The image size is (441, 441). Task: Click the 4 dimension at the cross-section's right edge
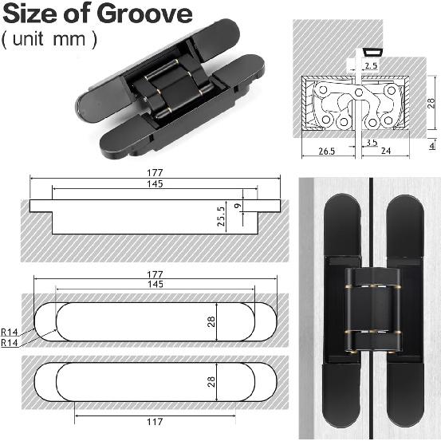click(431, 144)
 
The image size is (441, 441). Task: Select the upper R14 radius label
click(11, 331)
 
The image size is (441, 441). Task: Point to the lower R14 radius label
click(11, 341)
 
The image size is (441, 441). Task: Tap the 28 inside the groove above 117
click(211, 383)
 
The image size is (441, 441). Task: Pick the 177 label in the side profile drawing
click(154, 172)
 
